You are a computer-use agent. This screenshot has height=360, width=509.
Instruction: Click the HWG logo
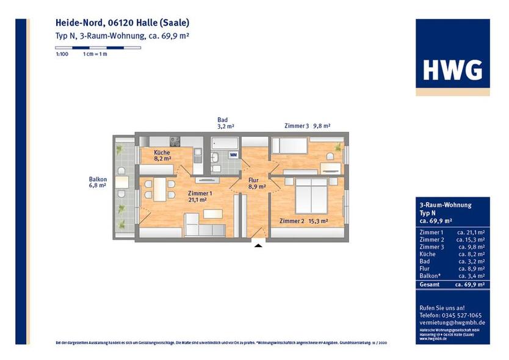pyautogui.click(x=452, y=70)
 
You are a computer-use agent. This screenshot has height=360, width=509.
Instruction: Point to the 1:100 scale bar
pyautogui.click(x=98, y=47)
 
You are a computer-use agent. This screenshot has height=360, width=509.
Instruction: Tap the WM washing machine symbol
pyautogui.click(x=234, y=155)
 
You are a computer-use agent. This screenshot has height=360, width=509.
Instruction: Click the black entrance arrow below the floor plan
pyautogui.click(x=258, y=245)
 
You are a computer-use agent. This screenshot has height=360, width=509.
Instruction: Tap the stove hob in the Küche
pyautogui.click(x=175, y=142)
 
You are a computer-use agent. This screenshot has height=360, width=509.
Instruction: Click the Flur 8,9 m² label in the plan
pyautogui.click(x=257, y=184)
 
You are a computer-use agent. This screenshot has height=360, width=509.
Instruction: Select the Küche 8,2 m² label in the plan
pyautogui.click(x=162, y=155)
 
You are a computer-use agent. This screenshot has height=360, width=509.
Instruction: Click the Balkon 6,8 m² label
pyautogui.click(x=98, y=182)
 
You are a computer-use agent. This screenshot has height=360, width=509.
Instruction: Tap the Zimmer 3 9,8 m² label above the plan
pyautogui.click(x=307, y=126)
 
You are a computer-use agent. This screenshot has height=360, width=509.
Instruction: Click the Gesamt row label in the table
pyautogui.click(x=428, y=284)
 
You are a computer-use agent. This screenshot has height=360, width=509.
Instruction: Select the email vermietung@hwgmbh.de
pyautogui.click(x=452, y=322)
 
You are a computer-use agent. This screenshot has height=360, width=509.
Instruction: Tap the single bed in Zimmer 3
pyautogui.click(x=289, y=145)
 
